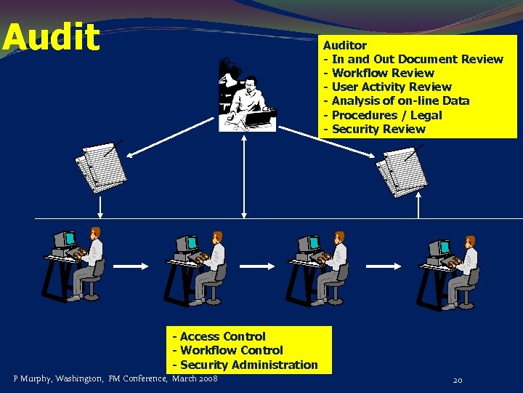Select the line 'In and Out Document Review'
pyautogui.click(x=417, y=59)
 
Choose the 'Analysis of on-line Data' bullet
pyautogui.click(x=400, y=100)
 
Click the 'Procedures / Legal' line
pyautogui.click(x=386, y=115)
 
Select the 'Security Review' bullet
pyautogui.click(x=378, y=129)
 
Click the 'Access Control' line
pyautogui.click(x=222, y=336)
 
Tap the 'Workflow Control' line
pyautogui.click(x=231, y=350)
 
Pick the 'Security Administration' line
pyautogui.click(x=248, y=365)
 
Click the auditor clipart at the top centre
pyautogui.click(x=247, y=98)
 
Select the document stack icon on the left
pyautogui.click(x=102, y=167)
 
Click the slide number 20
pyautogui.click(x=458, y=380)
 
